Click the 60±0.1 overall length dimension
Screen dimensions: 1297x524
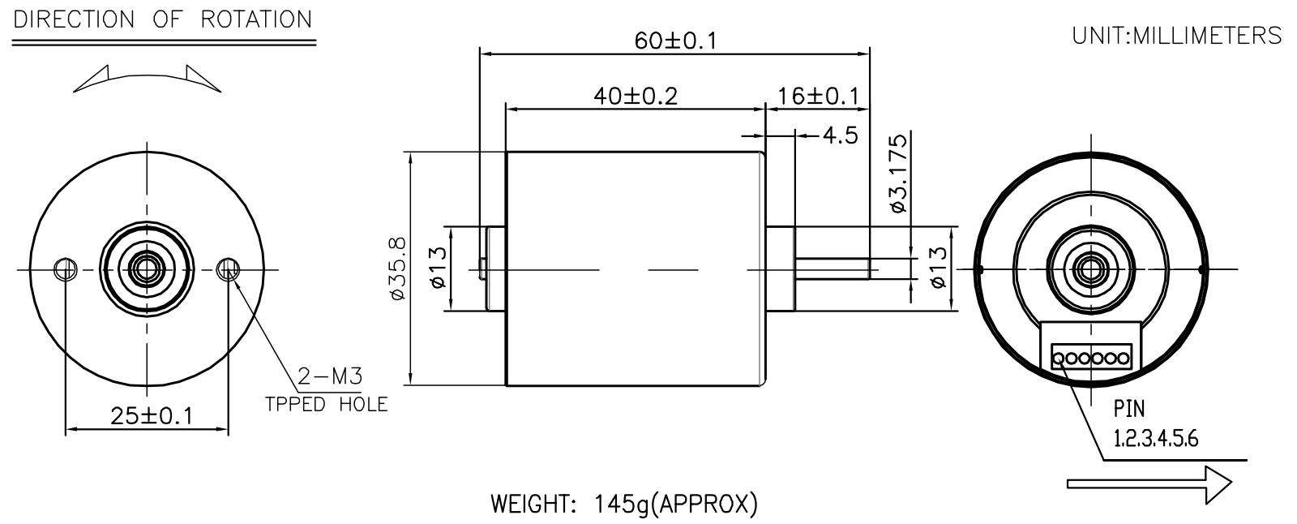[x=676, y=41]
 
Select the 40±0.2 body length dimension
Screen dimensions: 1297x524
[x=636, y=97]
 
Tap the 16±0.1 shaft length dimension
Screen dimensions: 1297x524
[x=818, y=97]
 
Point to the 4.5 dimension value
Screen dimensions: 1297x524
[x=840, y=135]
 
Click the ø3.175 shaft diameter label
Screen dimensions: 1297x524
[x=899, y=174]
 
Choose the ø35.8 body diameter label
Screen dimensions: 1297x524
[x=399, y=268]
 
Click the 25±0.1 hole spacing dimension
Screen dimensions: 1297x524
[x=151, y=416]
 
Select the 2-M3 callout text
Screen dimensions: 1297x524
[x=330, y=376]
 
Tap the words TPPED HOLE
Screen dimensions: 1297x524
[x=327, y=405]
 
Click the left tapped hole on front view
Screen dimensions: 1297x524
[x=66, y=269]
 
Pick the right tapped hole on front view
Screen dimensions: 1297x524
[x=228, y=269]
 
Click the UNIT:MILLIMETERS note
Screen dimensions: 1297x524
[x=1176, y=36]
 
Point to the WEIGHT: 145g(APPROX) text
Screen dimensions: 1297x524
[x=624, y=505]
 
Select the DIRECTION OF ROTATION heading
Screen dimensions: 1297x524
[x=163, y=19]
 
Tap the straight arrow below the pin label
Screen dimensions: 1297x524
[x=1149, y=484]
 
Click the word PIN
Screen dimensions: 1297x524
[x=1129, y=410]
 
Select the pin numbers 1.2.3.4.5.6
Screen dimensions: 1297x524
[x=1156, y=439]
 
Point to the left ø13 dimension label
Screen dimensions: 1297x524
[x=439, y=268]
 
